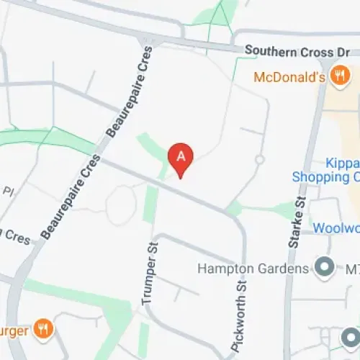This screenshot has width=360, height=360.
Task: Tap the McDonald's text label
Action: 292,77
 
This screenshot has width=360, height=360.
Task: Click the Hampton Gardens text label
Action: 256,269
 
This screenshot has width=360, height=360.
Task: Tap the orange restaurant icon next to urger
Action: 43,330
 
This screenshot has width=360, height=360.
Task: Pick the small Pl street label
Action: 9,192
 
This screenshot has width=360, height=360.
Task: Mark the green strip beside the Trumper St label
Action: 150,204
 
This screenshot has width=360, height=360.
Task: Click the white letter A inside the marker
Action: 181,155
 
